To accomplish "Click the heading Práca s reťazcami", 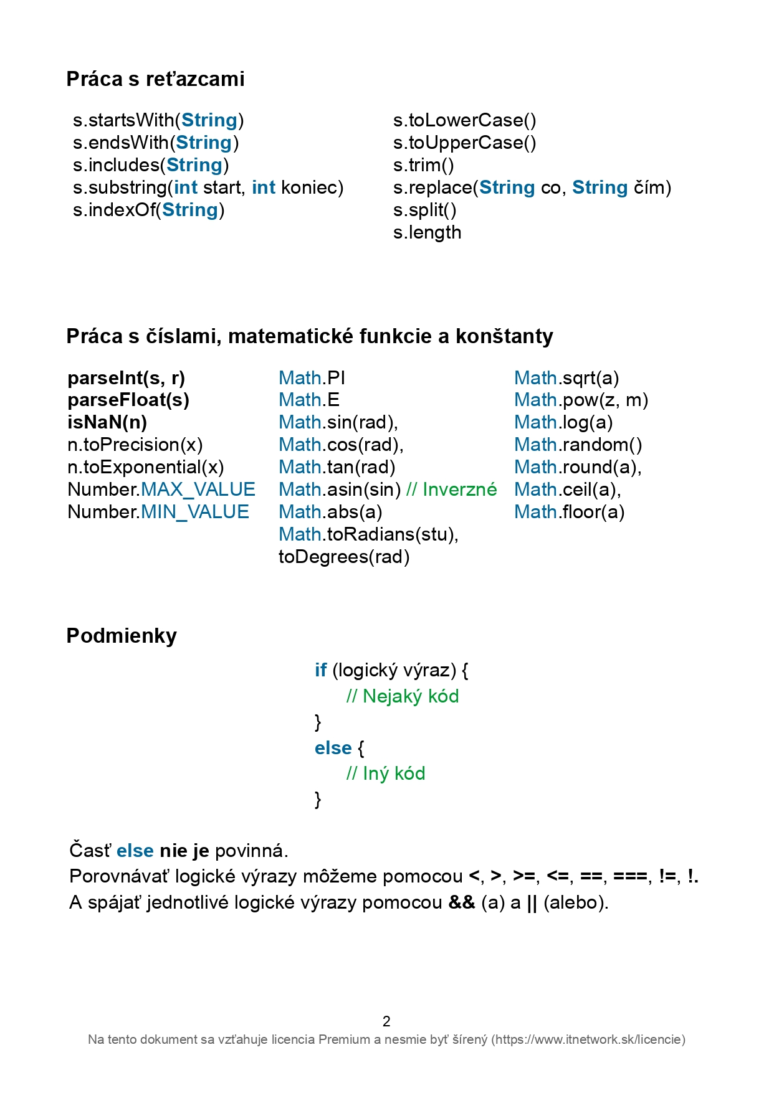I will [155, 79].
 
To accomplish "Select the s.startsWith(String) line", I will [158, 120].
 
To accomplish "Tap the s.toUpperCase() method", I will [464, 143].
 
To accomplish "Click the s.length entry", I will [427, 232].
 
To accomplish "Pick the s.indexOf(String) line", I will [148, 210].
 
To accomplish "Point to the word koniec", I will [312, 187].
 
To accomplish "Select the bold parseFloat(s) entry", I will [128, 400].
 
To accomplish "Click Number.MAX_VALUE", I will [161, 490].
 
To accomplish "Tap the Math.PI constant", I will [312, 378].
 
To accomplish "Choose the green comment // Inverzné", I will [451, 490].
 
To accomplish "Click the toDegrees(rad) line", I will [344, 557].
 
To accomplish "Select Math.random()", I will [578, 445].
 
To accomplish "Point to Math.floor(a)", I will [569, 512].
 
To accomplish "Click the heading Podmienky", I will [122, 636].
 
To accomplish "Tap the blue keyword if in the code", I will [320, 670].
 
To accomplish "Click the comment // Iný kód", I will [386, 774].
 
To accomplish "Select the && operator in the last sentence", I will [462, 902].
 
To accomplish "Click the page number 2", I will [386, 1021].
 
